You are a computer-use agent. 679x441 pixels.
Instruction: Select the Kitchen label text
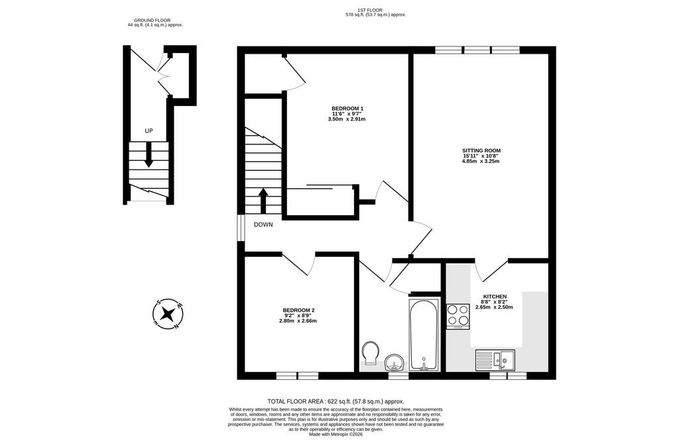pyautogui.click(x=495, y=297)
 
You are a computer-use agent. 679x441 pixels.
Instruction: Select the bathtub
pyautogui.click(x=424, y=334)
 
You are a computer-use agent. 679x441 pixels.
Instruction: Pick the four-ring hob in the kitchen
pyautogui.click(x=458, y=317)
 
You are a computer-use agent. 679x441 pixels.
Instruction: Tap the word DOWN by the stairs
pyautogui.click(x=263, y=225)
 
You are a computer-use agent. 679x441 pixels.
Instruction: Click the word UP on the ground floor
pyautogui.click(x=149, y=130)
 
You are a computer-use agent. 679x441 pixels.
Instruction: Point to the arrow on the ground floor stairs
pyautogui.click(x=149, y=155)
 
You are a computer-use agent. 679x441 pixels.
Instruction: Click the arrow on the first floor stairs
pyautogui.click(x=263, y=200)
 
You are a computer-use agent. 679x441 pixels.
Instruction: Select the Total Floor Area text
pyautogui.click(x=336, y=401)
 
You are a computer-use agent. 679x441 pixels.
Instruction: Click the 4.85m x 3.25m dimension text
pyautogui.click(x=481, y=162)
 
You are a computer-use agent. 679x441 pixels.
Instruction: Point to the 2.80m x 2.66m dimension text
pyautogui.click(x=298, y=320)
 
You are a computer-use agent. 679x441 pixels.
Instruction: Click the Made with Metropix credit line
pyautogui.click(x=336, y=434)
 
